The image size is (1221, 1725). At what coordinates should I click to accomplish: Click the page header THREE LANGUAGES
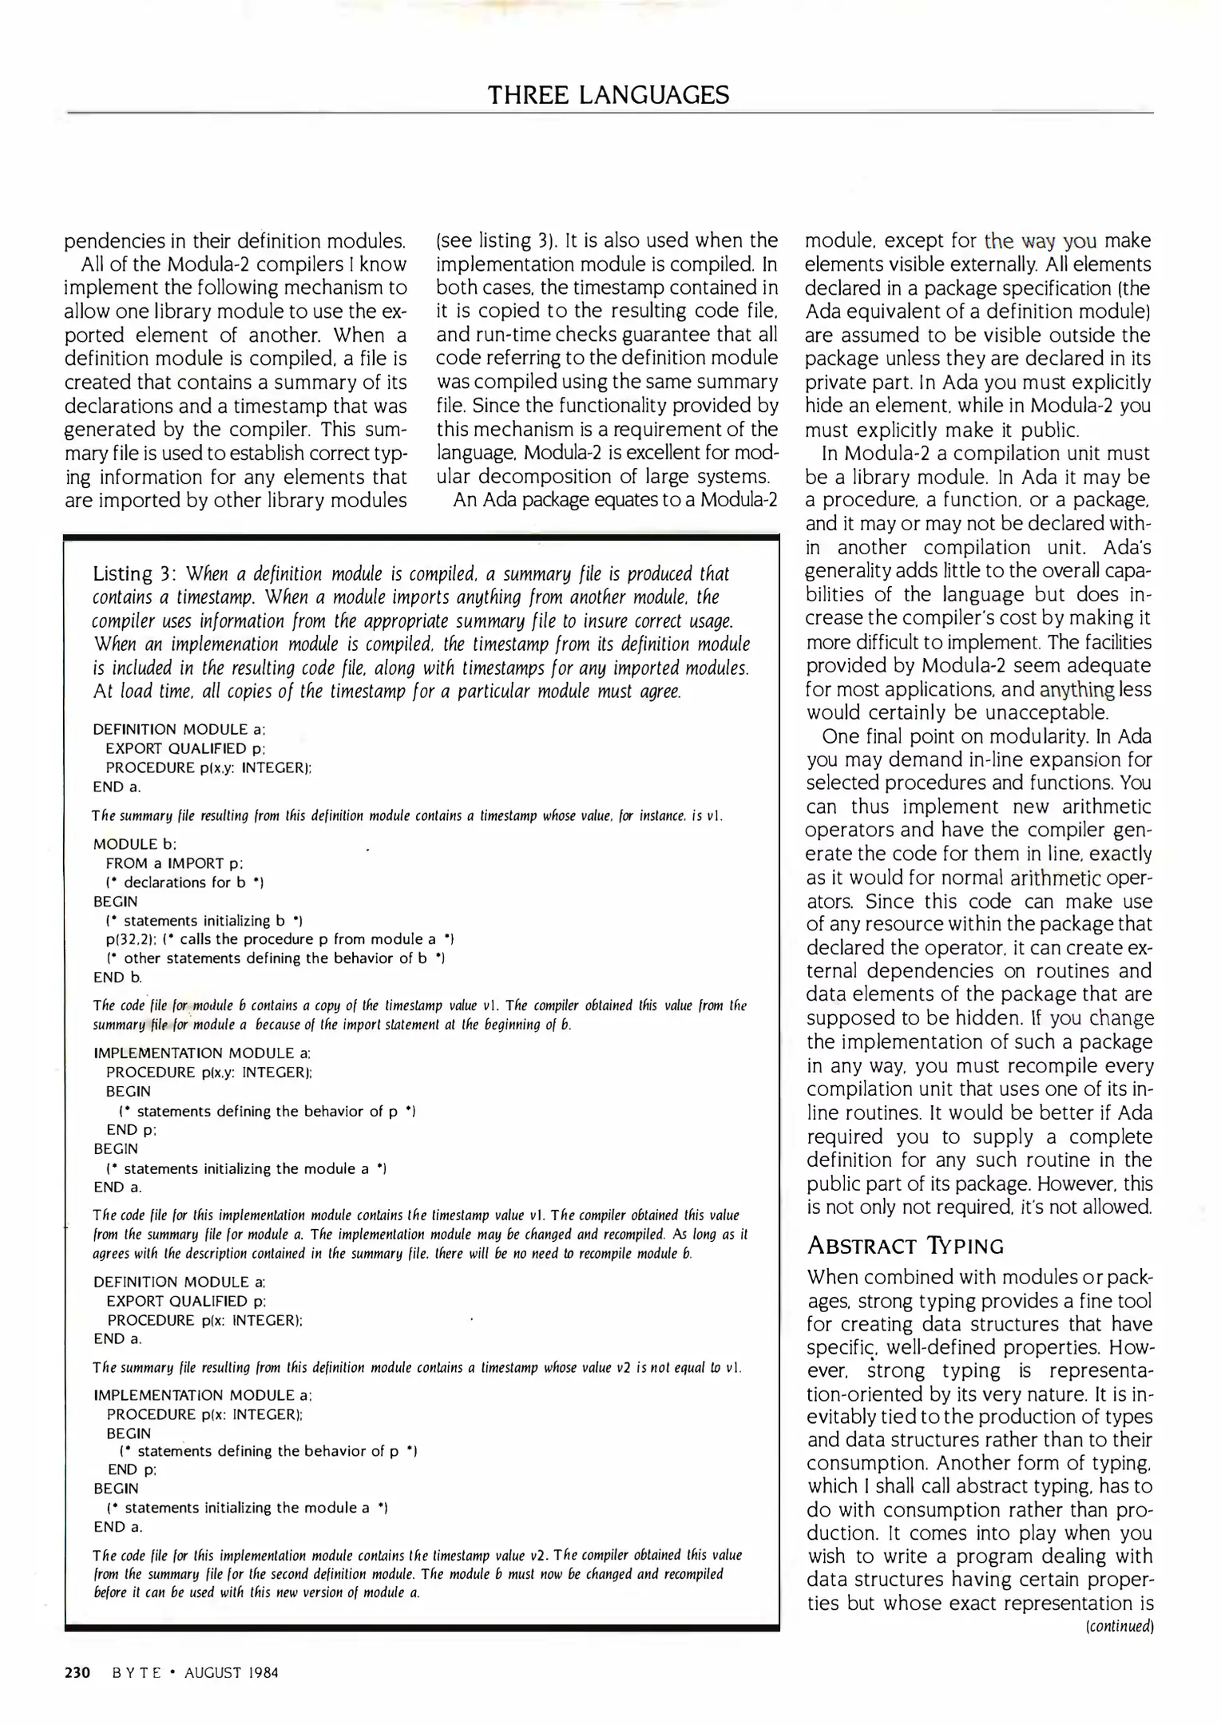pyautogui.click(x=609, y=96)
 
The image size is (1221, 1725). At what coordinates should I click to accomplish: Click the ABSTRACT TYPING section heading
pyautogui.click(x=905, y=1247)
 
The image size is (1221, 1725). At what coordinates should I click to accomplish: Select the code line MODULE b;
pyautogui.click(x=135, y=844)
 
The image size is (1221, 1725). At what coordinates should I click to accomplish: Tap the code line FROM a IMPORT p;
pyautogui.click(x=174, y=863)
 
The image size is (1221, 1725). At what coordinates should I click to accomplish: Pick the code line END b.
pyautogui.click(x=118, y=978)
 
